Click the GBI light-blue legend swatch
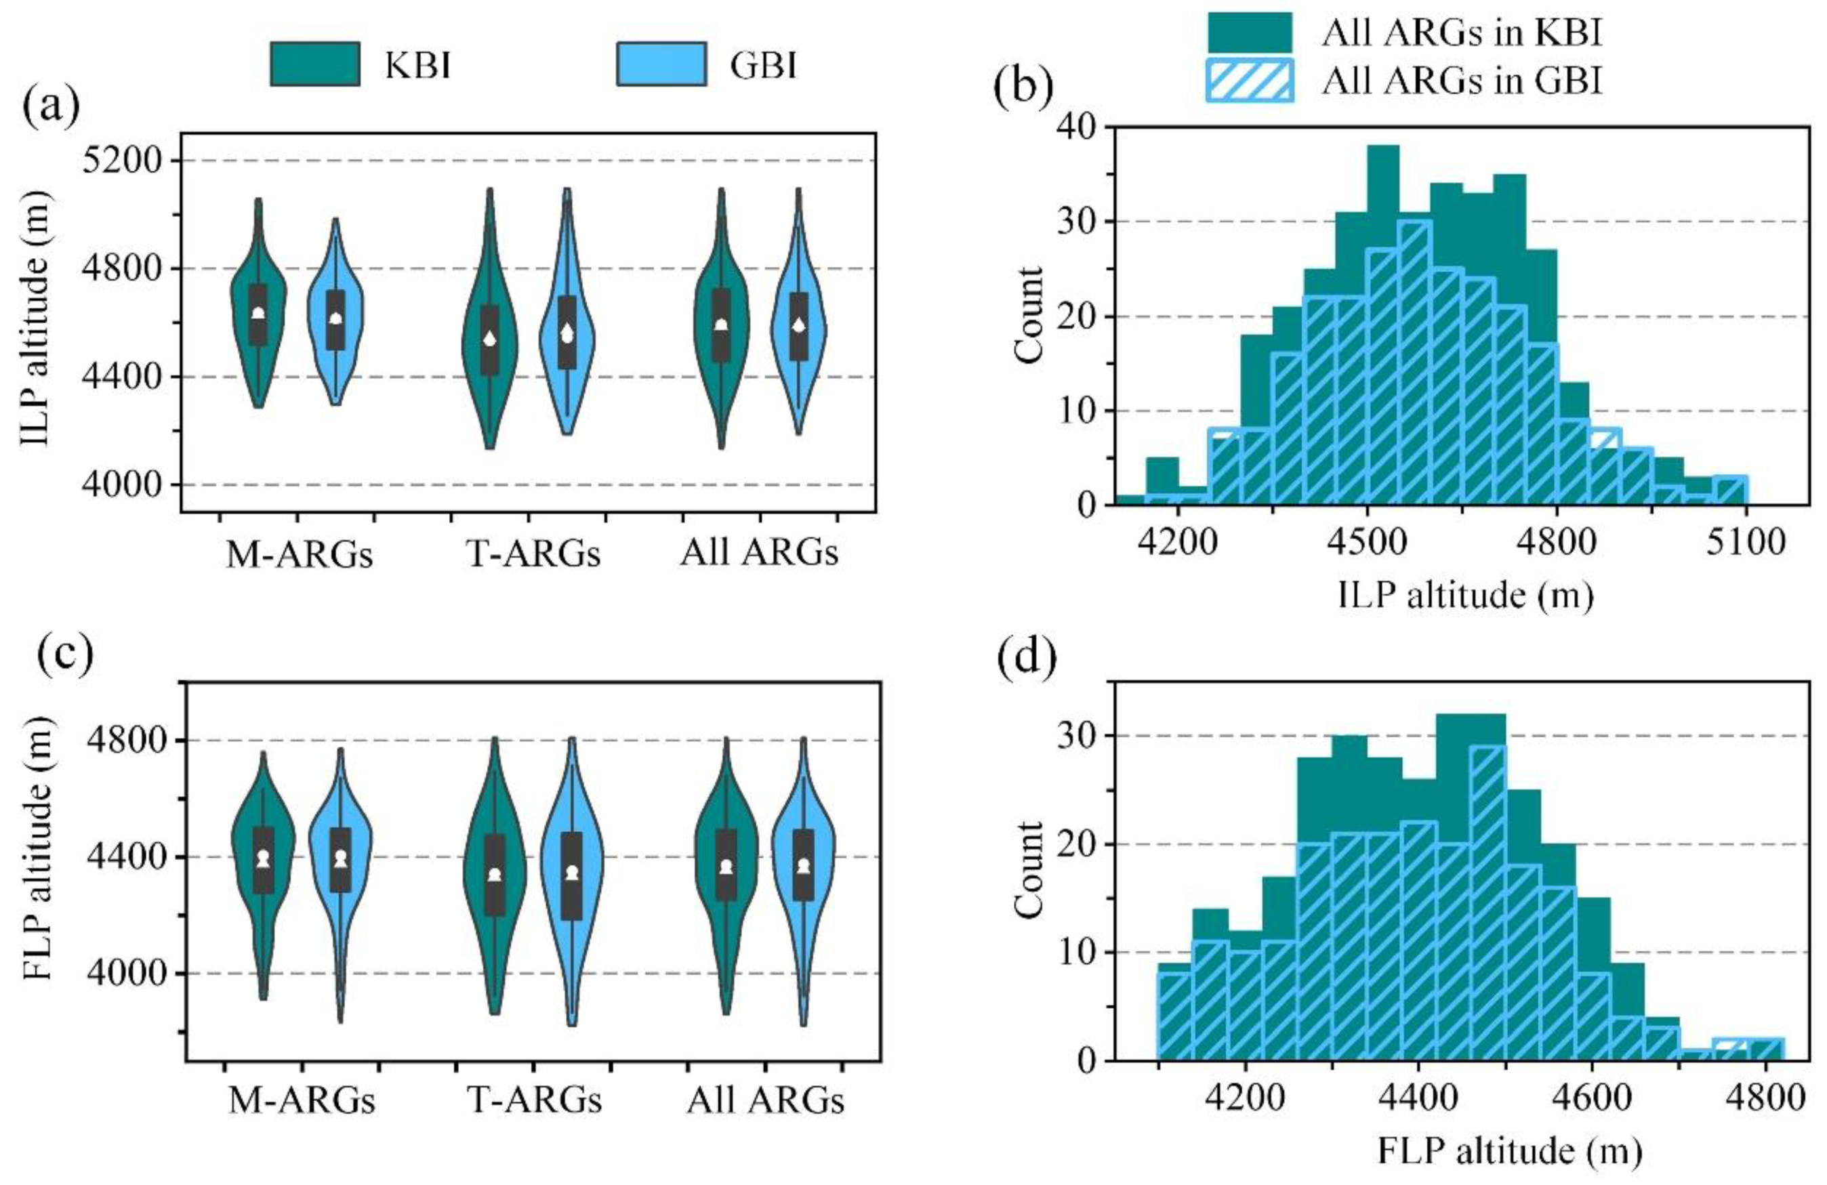pyautogui.click(x=661, y=64)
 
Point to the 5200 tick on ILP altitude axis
pyautogui.click(x=125, y=161)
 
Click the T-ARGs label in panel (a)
pyautogui.click(x=533, y=553)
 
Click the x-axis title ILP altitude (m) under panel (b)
pyautogui.click(x=1465, y=596)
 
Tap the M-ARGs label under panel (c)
pyautogui.click(x=302, y=1100)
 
